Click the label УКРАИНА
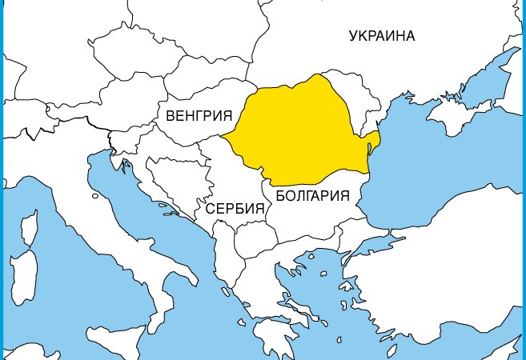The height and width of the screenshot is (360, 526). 382,35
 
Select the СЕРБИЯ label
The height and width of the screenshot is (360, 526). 235,210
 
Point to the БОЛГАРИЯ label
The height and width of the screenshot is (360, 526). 311,195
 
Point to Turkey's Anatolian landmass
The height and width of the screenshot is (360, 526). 448,256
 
